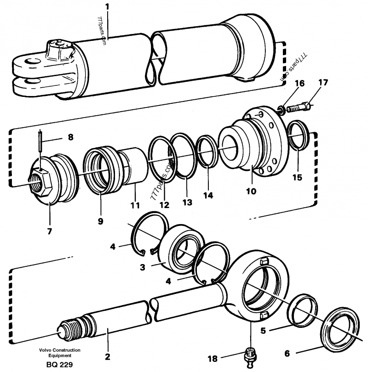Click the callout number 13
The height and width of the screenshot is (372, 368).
pos(187,203)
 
